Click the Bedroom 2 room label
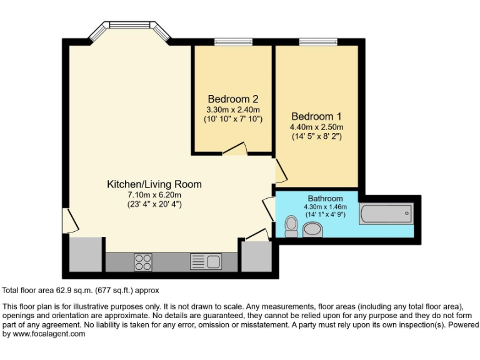point(233,99)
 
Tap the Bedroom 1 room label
point(316,116)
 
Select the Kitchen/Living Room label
point(154,184)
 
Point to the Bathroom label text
point(325,199)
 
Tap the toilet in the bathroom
point(291,226)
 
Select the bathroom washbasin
point(312,231)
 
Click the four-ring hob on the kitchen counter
point(142,261)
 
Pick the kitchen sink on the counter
point(206,261)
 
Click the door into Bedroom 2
point(235,149)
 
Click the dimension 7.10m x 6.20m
point(154,194)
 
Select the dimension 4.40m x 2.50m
point(316,127)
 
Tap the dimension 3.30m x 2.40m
point(233,109)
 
